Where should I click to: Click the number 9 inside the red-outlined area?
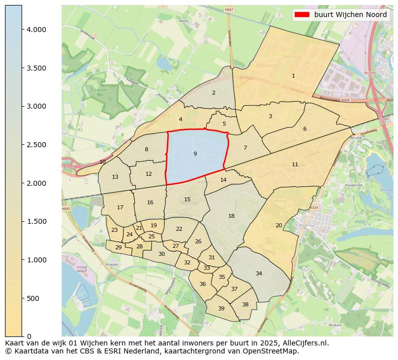[195, 154]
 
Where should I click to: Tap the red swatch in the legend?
[302, 15]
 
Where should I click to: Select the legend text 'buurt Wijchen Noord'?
[350, 15]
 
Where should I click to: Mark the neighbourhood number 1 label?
[293, 76]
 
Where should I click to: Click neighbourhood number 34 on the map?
[259, 273]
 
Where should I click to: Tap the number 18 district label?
[231, 216]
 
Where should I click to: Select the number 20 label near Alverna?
[279, 225]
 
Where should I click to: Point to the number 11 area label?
[295, 164]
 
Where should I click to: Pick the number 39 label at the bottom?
[221, 308]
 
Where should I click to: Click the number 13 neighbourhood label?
[115, 177]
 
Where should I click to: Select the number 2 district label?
[214, 93]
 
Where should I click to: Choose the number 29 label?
[118, 247]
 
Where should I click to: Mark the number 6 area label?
[304, 129]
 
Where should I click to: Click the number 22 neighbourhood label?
[179, 229]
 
